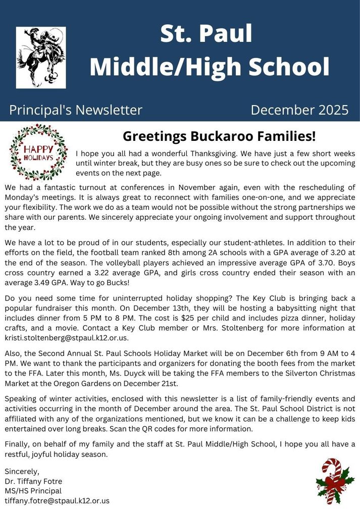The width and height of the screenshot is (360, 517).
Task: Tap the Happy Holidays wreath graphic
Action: pyautogui.click(x=38, y=153)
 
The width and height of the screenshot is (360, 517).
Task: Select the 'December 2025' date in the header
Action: pyautogui.click(x=299, y=110)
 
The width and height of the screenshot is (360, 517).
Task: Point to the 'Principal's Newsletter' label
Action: pyautogui.click(x=76, y=110)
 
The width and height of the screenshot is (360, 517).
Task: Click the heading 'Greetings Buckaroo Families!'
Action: pyautogui.click(x=219, y=136)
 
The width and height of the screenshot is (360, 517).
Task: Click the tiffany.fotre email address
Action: pyautogui.click(x=57, y=501)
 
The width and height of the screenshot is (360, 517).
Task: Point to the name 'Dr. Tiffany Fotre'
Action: pyautogui.click(x=33, y=481)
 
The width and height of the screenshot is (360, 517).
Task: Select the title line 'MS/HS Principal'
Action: pyautogui.click(x=33, y=491)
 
